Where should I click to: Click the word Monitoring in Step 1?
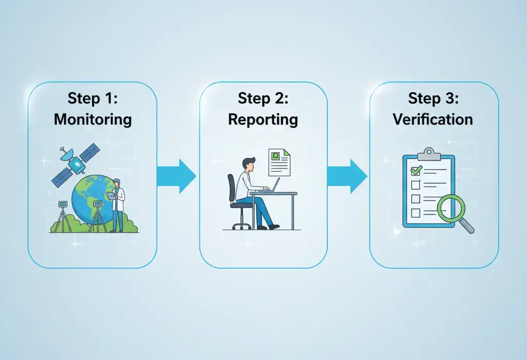coord(93,120)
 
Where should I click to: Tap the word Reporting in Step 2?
coord(263,120)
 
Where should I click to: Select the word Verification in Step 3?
coord(433,119)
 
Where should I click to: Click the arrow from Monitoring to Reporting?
coord(177,176)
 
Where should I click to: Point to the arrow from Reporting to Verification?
coord(348,176)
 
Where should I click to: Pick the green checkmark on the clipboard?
coord(415,170)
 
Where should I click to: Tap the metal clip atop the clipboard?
coord(428,153)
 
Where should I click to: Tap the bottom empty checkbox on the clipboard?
coord(415,212)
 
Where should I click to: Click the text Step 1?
coord(93,99)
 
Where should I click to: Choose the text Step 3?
coord(433,98)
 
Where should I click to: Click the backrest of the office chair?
coord(232,188)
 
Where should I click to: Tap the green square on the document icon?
coord(277,155)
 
